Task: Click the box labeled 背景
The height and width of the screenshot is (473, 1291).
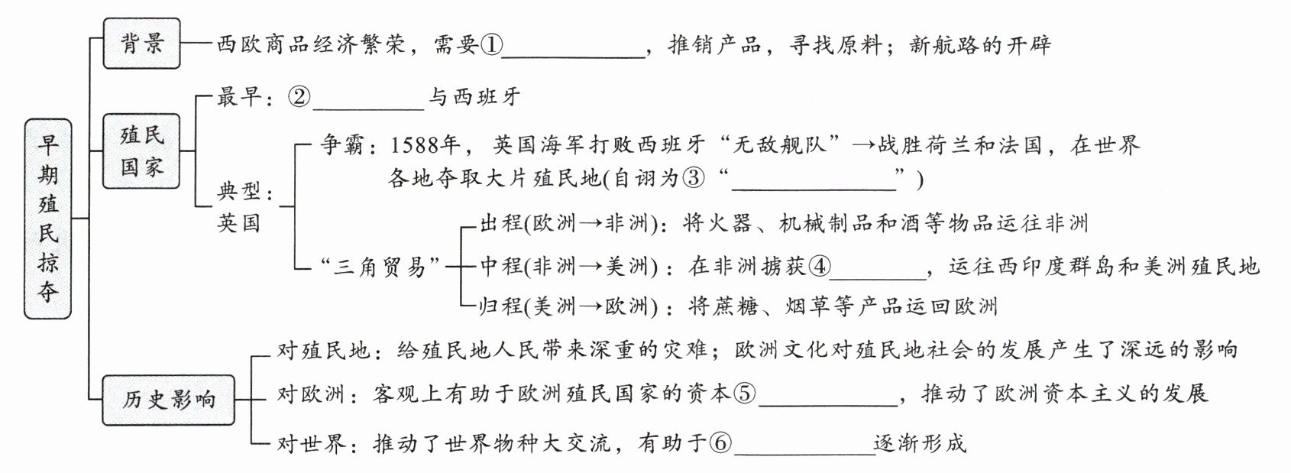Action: coord(142,44)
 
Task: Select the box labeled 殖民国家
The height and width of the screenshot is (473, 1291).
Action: coord(142,151)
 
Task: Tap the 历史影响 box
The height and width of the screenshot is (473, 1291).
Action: coord(168,399)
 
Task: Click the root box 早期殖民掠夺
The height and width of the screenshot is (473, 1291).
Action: coord(48,219)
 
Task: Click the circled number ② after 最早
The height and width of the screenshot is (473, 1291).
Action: coord(300,97)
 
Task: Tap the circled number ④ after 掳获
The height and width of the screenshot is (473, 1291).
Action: coord(820,266)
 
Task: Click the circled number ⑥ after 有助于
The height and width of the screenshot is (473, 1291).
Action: coord(721,442)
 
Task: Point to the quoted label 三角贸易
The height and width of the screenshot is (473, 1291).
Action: coord(379,266)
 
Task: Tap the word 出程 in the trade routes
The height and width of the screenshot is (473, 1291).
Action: coord(501,223)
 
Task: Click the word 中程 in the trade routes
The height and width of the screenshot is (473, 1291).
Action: coord(501,266)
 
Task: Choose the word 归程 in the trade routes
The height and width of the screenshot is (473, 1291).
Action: coord(501,306)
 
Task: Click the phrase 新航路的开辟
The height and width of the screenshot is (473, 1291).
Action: coord(980,45)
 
